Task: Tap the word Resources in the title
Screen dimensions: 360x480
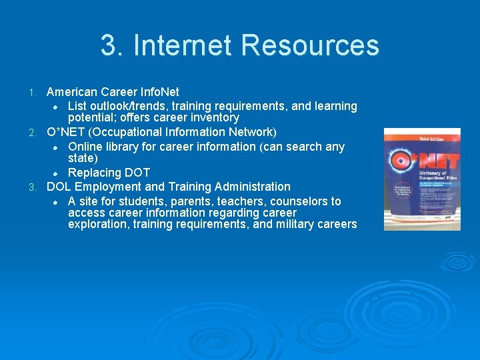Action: pyautogui.click(x=310, y=45)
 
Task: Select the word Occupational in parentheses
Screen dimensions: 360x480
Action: pyautogui.click(x=143, y=131)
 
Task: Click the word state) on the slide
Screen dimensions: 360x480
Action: pyautogui.click(x=83, y=158)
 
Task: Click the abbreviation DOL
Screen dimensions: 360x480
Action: pyautogui.click(x=59, y=187)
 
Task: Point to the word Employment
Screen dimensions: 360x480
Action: pyautogui.click(x=108, y=187)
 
